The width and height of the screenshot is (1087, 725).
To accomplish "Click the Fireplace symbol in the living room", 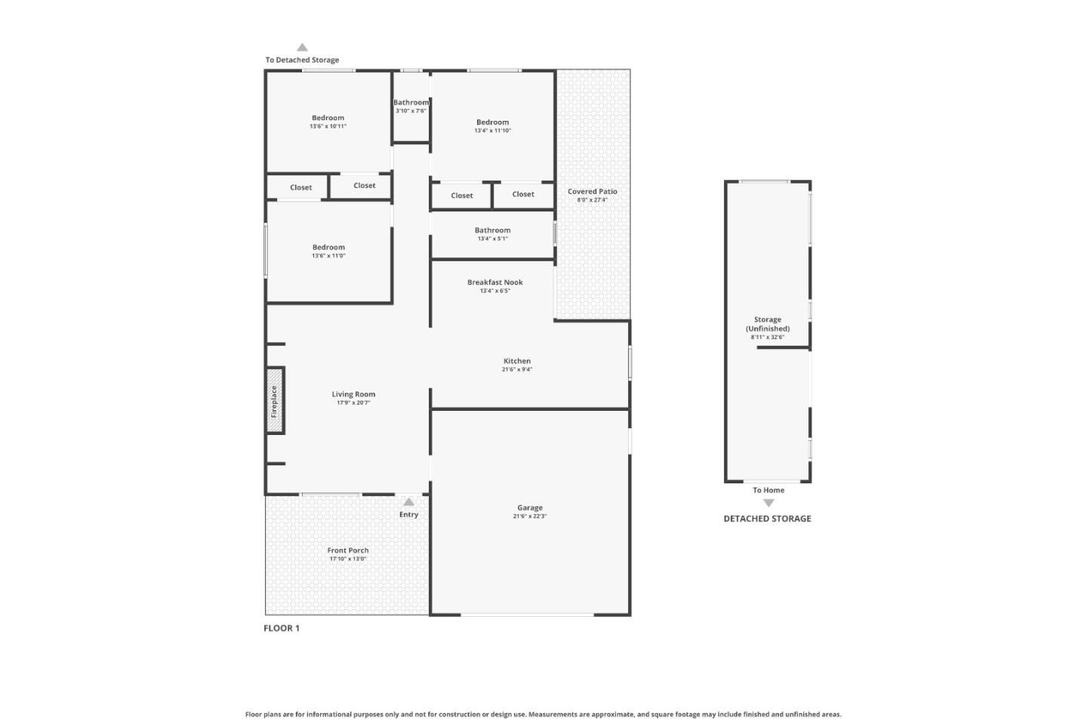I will pyautogui.click(x=275, y=401).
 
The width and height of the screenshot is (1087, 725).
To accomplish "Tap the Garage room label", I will pyautogui.click(x=530, y=507).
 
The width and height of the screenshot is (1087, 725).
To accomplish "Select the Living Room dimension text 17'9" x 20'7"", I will pyautogui.click(x=353, y=403).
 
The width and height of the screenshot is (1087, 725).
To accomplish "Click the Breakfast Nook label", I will pyautogui.click(x=495, y=282).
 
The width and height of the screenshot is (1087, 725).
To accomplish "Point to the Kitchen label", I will pyautogui.click(x=517, y=361).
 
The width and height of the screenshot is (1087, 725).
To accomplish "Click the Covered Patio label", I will pyautogui.click(x=593, y=192).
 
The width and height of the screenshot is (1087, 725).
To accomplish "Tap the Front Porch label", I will pyautogui.click(x=348, y=551).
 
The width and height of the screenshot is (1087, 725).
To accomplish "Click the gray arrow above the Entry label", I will pyautogui.click(x=408, y=501).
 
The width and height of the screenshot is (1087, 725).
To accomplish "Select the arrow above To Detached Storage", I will pyautogui.click(x=302, y=47).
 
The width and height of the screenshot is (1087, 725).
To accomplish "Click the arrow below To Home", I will pyautogui.click(x=768, y=503).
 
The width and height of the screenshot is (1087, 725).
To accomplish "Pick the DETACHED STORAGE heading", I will pyautogui.click(x=767, y=519).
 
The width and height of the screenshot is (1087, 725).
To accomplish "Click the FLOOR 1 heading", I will pyautogui.click(x=282, y=628).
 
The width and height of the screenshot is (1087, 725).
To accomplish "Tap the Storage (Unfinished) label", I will pyautogui.click(x=768, y=324).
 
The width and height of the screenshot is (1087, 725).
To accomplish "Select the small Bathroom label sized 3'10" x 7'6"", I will pyautogui.click(x=411, y=103).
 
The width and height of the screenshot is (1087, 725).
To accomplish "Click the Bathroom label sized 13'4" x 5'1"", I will pyautogui.click(x=492, y=230).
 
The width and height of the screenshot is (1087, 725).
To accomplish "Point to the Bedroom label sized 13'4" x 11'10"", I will pyautogui.click(x=492, y=122).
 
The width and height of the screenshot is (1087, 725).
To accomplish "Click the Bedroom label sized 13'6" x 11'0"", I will pyautogui.click(x=328, y=247).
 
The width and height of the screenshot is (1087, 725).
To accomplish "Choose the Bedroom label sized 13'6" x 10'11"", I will pyautogui.click(x=328, y=118).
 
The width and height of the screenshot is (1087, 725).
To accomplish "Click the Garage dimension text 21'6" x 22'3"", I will pyautogui.click(x=530, y=517).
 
